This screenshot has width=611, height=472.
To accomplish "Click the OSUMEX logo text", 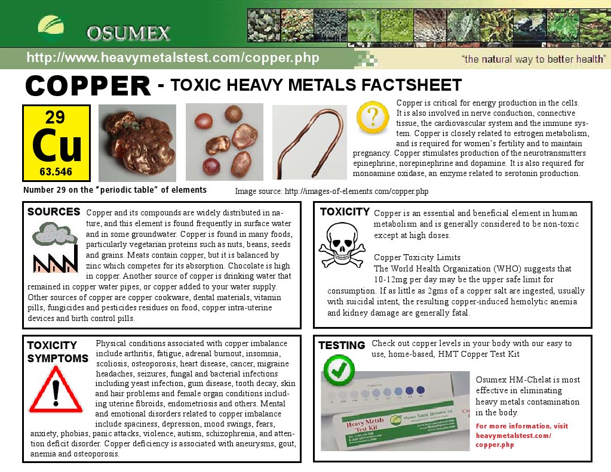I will click(128, 33).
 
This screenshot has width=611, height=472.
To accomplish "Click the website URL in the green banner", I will click(173, 58).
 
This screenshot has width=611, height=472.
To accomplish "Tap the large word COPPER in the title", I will click(88, 86).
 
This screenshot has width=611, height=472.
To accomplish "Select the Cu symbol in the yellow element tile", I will click(56, 146).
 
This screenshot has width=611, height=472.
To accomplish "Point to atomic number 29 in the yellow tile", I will click(55, 117).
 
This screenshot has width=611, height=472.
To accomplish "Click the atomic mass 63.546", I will click(56, 172).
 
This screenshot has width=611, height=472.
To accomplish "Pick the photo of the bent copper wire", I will click(309, 142).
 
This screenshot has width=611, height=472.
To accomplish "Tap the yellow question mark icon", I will click(372, 117).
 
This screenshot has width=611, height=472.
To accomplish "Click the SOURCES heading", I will click(54, 212).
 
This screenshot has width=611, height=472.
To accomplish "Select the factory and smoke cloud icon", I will click(56, 246).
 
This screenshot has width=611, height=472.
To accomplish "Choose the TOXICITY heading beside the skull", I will click(345, 212).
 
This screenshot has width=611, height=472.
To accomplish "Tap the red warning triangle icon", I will click(56, 389).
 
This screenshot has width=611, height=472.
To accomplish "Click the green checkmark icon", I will click(339, 370).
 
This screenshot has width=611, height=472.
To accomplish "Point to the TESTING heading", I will click(342, 345).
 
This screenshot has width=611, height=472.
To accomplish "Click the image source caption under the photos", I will click(331, 192).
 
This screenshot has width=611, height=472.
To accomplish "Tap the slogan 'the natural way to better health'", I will click(533, 59).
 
